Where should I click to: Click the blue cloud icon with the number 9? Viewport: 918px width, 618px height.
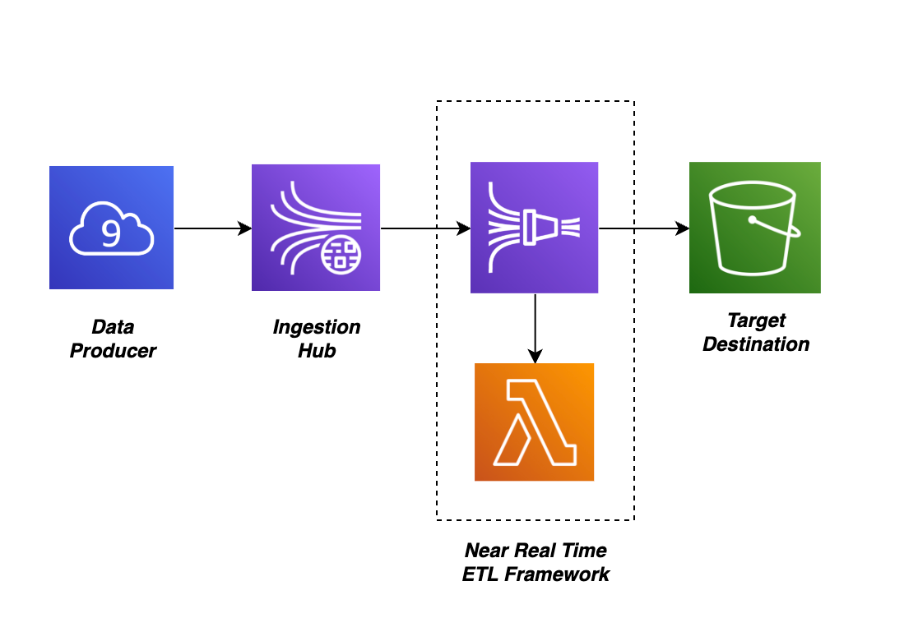pyautogui.click(x=111, y=228)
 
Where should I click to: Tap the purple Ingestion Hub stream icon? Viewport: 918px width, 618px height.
pyautogui.click(x=315, y=228)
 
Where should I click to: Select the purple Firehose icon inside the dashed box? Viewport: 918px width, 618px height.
pyautogui.click(x=534, y=228)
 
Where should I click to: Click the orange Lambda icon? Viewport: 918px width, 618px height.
pyautogui.click(x=534, y=422)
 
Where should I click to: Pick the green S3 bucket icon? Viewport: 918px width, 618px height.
pyautogui.click(x=754, y=228)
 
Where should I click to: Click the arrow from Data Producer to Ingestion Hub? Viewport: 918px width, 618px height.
pyautogui.click(x=212, y=228)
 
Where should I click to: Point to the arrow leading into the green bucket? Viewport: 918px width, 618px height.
pyautogui.click(x=643, y=228)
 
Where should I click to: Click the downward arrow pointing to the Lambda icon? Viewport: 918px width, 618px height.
pyautogui.click(x=535, y=328)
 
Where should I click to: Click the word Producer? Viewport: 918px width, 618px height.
pyautogui.click(x=113, y=351)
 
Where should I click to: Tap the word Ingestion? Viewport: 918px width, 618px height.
pyautogui.click(x=316, y=327)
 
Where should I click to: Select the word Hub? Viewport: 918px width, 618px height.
pyautogui.click(x=316, y=351)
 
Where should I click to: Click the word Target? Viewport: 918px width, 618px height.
pyautogui.click(x=756, y=320)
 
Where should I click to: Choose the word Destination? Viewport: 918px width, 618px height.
pyautogui.click(x=756, y=344)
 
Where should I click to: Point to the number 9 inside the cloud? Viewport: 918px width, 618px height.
pyautogui.click(x=110, y=233)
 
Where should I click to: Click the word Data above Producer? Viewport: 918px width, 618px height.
pyautogui.click(x=113, y=327)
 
